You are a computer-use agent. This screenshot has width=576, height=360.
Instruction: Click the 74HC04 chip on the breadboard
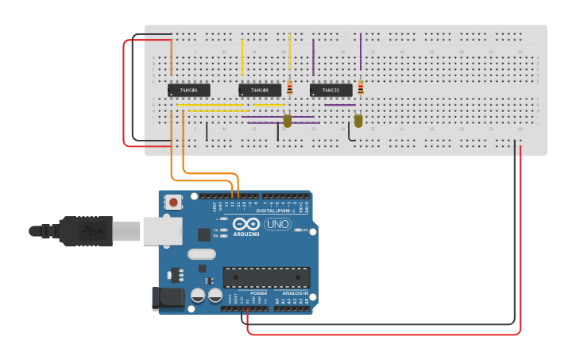tap(189, 91)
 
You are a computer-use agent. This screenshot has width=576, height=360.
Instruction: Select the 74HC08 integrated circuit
tap(260, 91)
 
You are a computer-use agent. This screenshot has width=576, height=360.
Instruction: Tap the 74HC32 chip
tap(331, 91)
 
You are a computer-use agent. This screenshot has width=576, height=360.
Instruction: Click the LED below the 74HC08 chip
tap(288, 121)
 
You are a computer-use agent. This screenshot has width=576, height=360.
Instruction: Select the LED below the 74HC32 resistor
tap(358, 121)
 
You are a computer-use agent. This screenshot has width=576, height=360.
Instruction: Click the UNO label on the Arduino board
tap(277, 225)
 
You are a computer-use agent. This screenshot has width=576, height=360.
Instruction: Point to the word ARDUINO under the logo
tap(246, 234)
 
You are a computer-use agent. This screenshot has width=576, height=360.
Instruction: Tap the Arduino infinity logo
tap(246, 223)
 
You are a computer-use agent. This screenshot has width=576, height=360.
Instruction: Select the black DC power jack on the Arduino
tap(168, 298)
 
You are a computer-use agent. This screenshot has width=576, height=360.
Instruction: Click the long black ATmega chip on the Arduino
tap(266, 277)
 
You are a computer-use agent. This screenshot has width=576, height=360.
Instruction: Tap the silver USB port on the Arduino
tap(162, 231)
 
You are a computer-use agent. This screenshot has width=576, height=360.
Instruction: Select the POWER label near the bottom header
tap(259, 293)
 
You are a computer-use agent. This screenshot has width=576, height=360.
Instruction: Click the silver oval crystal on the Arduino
tap(202, 255)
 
